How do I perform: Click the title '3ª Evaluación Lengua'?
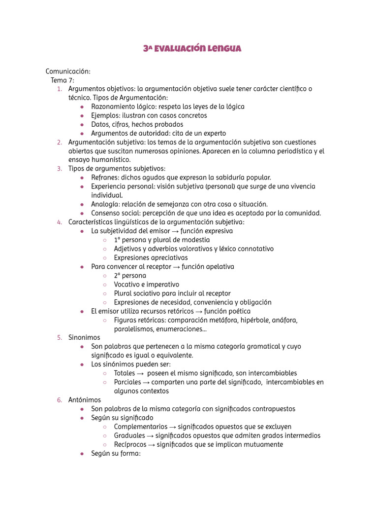192,48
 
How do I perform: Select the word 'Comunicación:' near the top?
68,71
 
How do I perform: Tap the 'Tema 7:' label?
63,80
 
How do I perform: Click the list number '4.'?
59,222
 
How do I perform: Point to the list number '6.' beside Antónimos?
59,400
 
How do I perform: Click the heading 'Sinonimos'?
84,338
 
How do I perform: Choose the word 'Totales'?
125,373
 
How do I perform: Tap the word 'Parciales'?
127,382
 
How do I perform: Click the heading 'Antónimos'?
85,400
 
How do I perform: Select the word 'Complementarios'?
140,427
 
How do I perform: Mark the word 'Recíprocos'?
130,444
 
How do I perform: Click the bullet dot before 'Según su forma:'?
82,454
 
